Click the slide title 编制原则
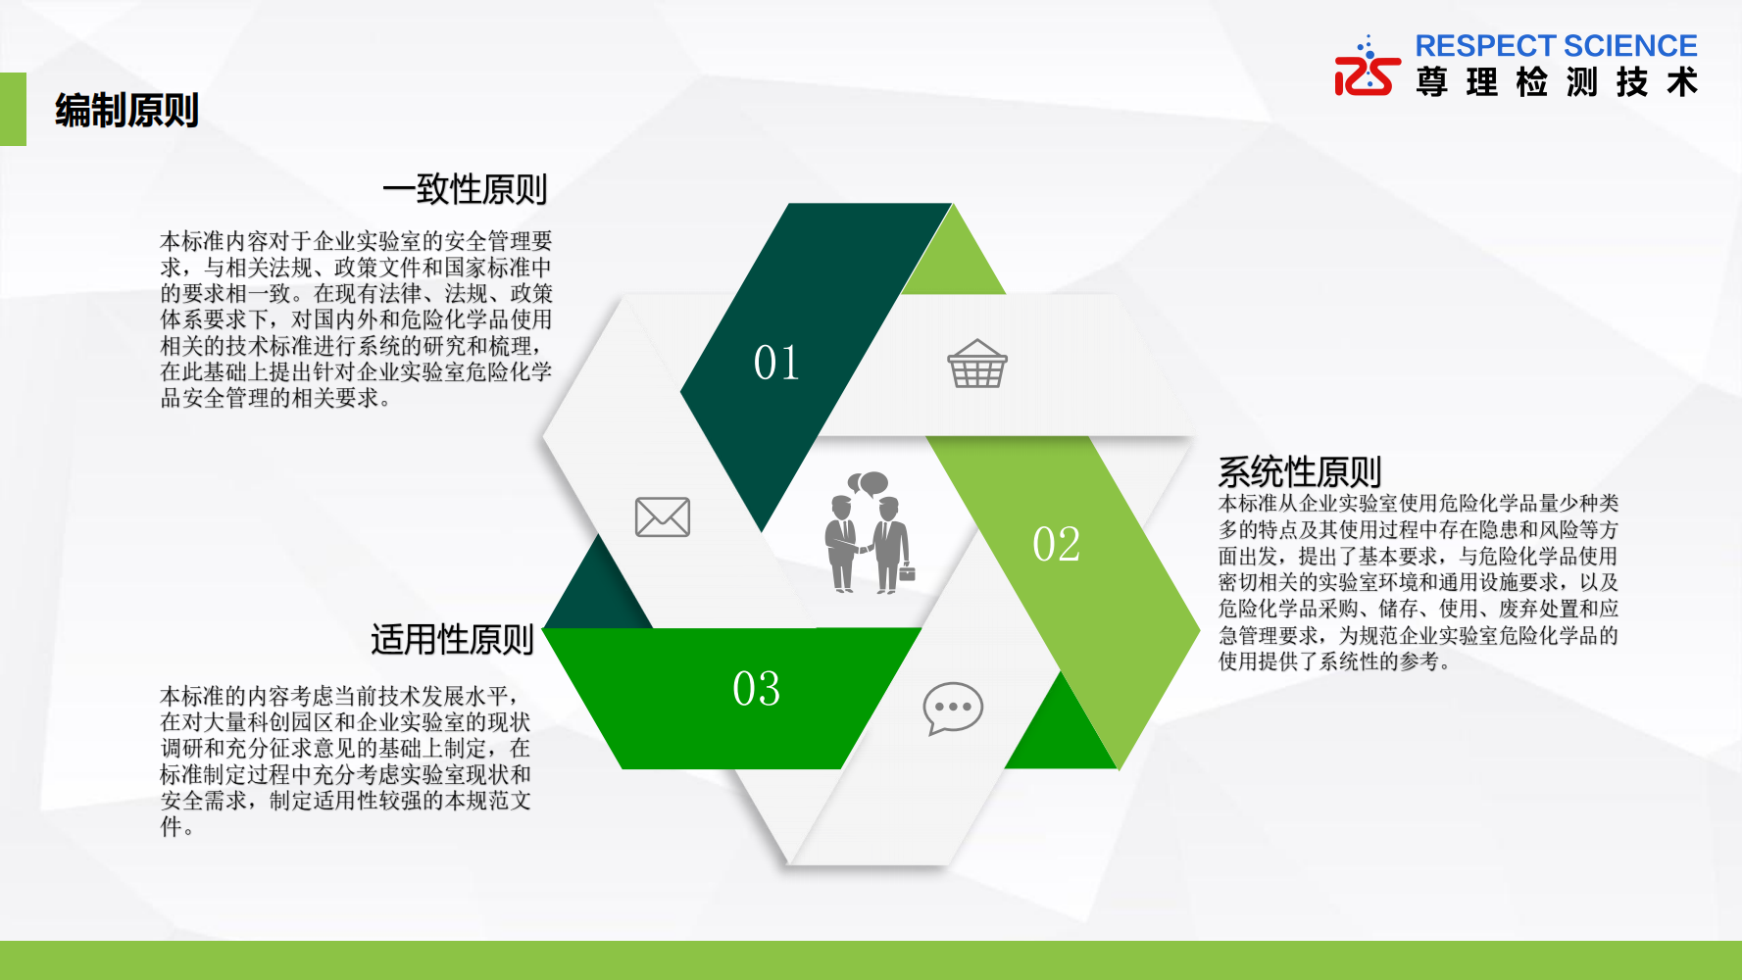coord(126,110)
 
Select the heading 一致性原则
coord(465,189)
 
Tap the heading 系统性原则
coord(1300,471)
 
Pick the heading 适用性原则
coord(452,639)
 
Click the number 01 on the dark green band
coord(776,363)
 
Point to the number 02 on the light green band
coord(1057,544)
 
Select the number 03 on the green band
coord(757,688)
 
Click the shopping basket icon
coord(977,364)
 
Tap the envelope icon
coord(663,516)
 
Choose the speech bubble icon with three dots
coord(953,708)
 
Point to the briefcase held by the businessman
coord(907,572)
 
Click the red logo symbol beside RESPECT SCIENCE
coord(1368,68)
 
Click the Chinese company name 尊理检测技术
coord(1557,81)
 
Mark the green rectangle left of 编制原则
coord(13,109)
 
